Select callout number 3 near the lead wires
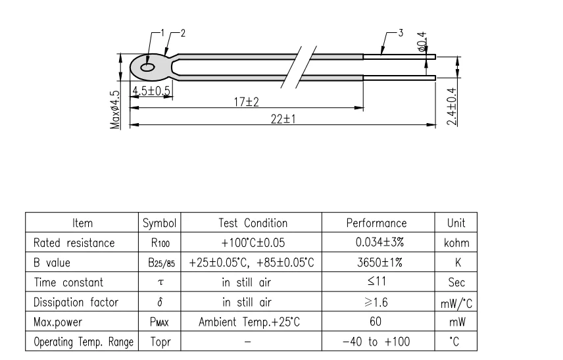click(401, 33)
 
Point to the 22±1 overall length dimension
click(285, 118)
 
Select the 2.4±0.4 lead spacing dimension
click(451, 105)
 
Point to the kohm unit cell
click(456, 243)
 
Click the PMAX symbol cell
click(157, 322)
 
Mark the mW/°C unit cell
click(456, 303)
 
